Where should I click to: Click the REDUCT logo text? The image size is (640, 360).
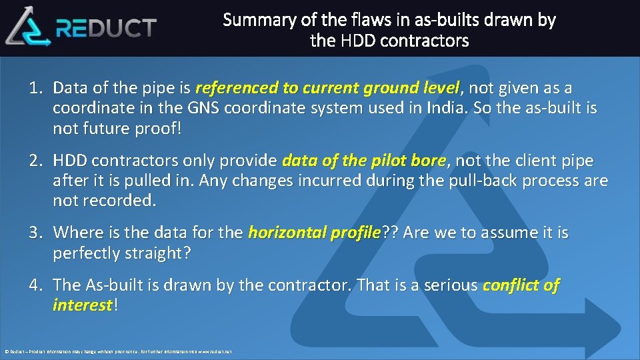[107, 28]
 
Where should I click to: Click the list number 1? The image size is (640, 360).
[35, 88]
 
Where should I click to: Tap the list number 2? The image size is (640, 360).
[35, 161]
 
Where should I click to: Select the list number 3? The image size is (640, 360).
[35, 233]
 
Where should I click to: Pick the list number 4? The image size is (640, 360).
[35, 285]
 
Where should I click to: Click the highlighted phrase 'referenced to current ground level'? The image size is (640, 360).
[327, 88]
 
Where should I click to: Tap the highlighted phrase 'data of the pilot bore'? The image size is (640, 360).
[364, 161]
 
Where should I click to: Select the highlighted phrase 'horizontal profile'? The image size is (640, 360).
[313, 233]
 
